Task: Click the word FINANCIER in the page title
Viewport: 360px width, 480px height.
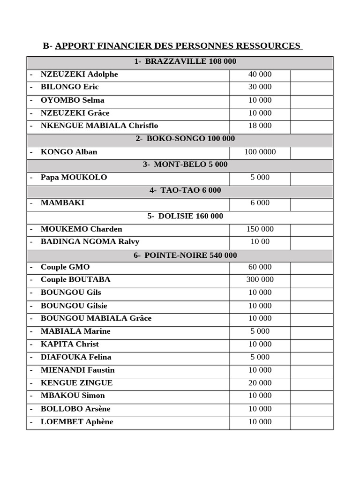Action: (x=116, y=46)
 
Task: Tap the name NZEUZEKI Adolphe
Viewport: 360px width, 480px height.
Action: (x=79, y=74)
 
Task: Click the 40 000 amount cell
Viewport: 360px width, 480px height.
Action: (x=260, y=74)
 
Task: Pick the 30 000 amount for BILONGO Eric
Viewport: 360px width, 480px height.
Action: (x=260, y=87)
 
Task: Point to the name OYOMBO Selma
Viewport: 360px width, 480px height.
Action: (x=73, y=100)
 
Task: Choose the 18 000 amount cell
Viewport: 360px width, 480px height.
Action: (x=260, y=126)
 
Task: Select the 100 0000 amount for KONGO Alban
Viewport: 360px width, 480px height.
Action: (x=260, y=152)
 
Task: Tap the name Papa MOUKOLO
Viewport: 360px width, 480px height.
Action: (x=74, y=177)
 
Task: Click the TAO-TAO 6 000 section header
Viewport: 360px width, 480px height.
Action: (x=185, y=190)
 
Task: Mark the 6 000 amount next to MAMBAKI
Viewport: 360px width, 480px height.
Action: (x=260, y=203)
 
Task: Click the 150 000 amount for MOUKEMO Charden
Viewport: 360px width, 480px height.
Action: (x=260, y=229)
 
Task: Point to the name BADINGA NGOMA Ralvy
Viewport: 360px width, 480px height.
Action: (x=90, y=242)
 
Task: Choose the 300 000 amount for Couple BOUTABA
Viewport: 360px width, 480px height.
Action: (x=260, y=279)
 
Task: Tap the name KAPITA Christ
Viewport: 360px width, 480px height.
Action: (x=70, y=344)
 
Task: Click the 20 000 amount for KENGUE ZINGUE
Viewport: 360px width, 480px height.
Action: (x=260, y=383)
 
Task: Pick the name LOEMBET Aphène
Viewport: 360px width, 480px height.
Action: (x=77, y=421)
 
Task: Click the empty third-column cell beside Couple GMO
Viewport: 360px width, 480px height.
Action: (x=312, y=267)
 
